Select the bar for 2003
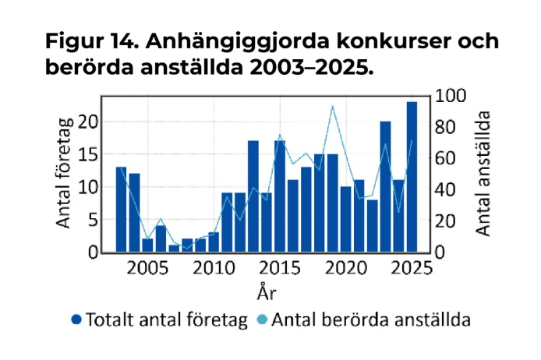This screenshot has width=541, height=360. (121, 210)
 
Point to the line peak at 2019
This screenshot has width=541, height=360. (333, 106)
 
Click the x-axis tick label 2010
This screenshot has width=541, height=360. (214, 269)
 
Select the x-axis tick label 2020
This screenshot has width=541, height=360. (346, 269)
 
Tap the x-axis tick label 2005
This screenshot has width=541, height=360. (147, 269)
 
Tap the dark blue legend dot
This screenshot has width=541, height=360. (76, 319)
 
